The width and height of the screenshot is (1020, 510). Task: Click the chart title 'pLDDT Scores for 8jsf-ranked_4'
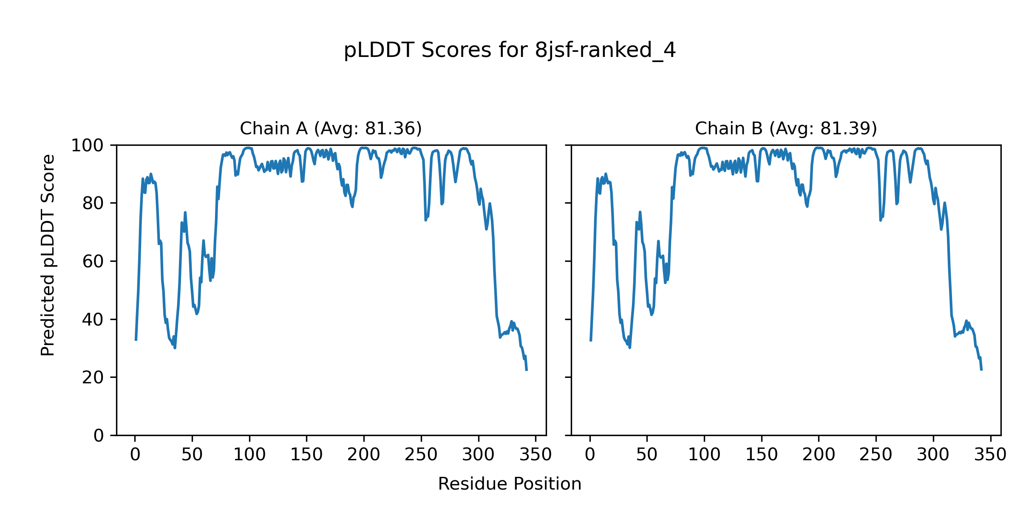pyautogui.click(x=510, y=51)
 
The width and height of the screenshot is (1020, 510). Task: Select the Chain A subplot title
pyautogui.click(x=331, y=128)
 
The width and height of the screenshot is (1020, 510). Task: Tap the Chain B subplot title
pyautogui.click(x=786, y=128)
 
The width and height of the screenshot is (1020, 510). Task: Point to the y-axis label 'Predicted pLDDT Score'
pyautogui.click(x=48, y=255)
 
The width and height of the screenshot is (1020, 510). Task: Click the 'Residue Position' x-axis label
pyautogui.click(x=510, y=484)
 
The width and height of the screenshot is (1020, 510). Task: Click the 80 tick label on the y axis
pyautogui.click(x=93, y=204)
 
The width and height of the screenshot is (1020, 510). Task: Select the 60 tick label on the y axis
pyautogui.click(x=93, y=262)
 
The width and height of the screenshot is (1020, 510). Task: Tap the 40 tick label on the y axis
pyautogui.click(x=93, y=320)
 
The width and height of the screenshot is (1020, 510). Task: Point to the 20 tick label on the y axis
pyautogui.click(x=93, y=377)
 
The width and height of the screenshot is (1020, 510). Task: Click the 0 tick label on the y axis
pyautogui.click(x=99, y=436)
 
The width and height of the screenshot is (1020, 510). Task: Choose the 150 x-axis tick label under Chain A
pyautogui.click(x=306, y=455)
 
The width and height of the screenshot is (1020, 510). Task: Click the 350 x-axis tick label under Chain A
pyautogui.click(x=535, y=455)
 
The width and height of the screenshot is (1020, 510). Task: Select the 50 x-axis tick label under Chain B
pyautogui.click(x=647, y=455)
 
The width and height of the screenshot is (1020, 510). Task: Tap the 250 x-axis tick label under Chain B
pyautogui.click(x=875, y=455)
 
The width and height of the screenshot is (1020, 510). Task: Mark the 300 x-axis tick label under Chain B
pyautogui.click(x=933, y=455)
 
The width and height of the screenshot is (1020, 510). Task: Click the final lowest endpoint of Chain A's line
pyautogui.click(x=527, y=370)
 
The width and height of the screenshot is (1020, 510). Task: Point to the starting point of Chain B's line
pyautogui.click(x=591, y=340)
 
